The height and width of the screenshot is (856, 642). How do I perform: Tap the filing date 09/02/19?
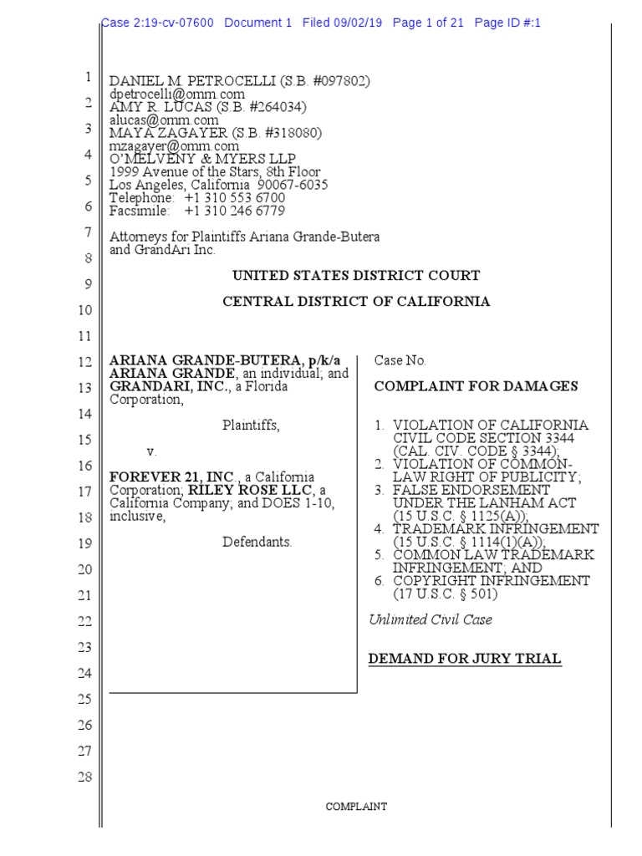click(356, 23)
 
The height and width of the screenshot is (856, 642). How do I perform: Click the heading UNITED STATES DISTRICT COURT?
click(356, 276)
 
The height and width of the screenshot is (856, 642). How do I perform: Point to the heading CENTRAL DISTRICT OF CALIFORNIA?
click(356, 302)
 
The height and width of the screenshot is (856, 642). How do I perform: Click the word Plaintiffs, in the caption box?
click(251, 425)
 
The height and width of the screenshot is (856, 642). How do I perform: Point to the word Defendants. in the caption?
click(257, 542)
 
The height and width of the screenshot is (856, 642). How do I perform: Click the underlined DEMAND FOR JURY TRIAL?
click(465, 660)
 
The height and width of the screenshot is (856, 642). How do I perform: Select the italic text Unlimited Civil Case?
click(431, 619)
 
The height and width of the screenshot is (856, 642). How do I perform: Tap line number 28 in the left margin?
click(84, 777)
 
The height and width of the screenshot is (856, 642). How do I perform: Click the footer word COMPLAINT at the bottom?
click(356, 807)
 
